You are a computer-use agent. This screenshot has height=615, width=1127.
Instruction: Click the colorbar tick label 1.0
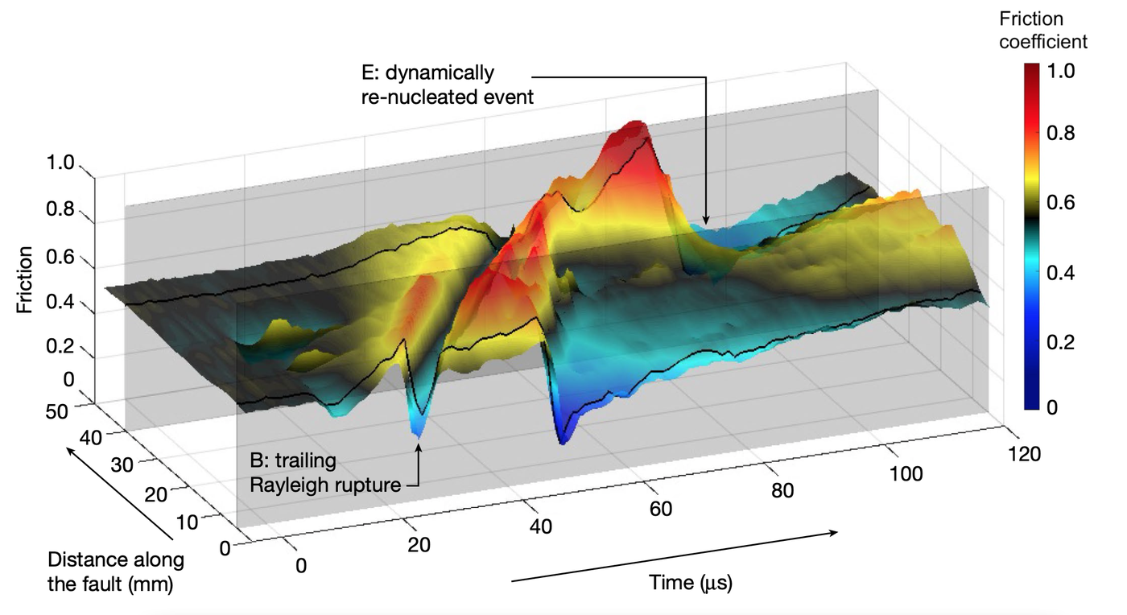1067,70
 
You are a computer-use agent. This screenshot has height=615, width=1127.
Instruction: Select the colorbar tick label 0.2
1067,341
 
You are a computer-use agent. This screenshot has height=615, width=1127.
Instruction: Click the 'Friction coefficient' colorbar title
1043,30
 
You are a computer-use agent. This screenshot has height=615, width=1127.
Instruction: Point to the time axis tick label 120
1024,454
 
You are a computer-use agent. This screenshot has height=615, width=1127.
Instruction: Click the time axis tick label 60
661,509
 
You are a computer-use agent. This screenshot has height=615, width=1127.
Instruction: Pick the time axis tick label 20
419,545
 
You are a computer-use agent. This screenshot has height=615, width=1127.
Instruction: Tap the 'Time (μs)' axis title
691,582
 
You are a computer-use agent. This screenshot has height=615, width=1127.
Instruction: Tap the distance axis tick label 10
186,521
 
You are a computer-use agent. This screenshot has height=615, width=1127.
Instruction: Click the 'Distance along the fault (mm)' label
115,572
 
